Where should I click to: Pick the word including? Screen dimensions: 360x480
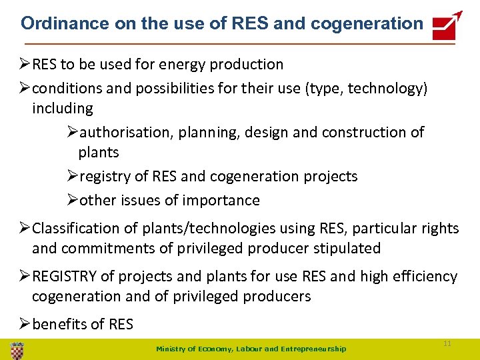(x=63, y=108)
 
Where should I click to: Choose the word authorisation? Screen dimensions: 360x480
(x=125, y=133)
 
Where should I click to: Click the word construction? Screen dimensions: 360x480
(x=365, y=133)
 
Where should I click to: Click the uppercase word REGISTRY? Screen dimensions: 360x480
(x=66, y=277)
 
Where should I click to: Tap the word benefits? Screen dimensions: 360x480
(x=59, y=325)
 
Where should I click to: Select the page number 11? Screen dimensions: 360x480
(x=447, y=343)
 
